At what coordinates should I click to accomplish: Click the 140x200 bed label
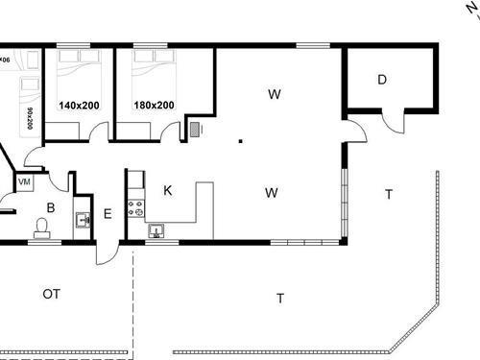79,106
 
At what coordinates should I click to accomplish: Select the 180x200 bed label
154,106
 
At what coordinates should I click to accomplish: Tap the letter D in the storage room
381,80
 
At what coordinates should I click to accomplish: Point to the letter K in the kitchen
167,191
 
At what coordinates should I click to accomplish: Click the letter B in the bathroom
50,206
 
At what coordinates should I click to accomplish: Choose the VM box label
24,181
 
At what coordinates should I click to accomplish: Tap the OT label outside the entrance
51,294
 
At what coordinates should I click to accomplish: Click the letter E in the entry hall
108,214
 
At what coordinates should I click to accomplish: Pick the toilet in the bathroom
41,227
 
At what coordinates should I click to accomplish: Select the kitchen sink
156,230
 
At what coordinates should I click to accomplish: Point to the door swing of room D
393,120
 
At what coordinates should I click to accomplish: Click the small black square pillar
240,141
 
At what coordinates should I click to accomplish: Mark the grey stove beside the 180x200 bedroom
197,130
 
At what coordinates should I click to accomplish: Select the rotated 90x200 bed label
31,119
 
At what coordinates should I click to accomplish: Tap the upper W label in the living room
274,94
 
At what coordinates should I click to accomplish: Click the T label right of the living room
388,194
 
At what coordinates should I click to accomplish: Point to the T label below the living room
280,299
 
